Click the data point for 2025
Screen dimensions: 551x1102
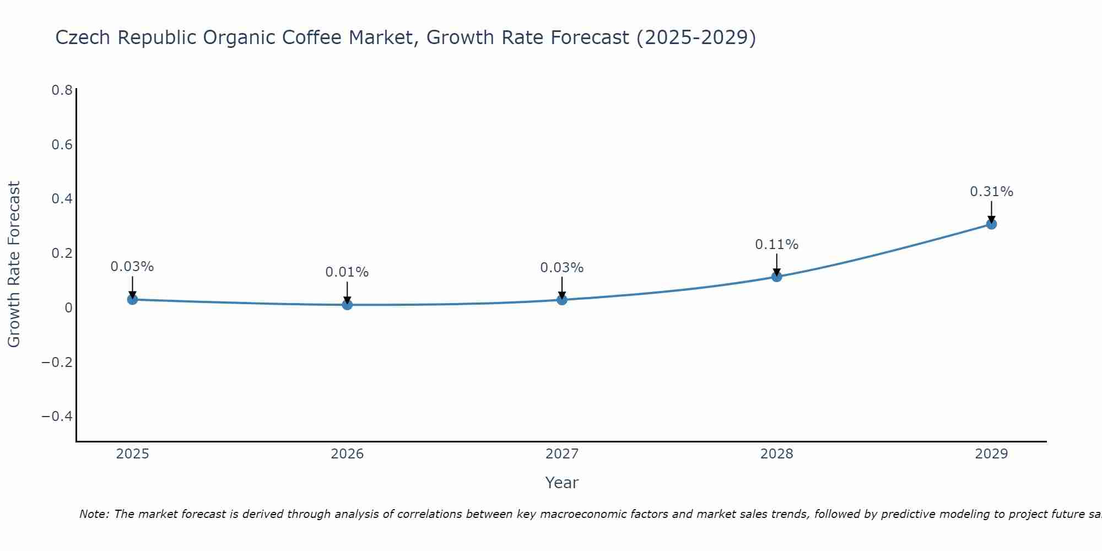[132, 299]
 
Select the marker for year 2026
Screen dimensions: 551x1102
[347, 304]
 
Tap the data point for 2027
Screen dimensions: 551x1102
[562, 299]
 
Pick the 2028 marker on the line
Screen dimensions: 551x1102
[776, 276]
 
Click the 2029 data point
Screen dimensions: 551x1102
[991, 224]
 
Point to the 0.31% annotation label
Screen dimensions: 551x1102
[991, 192]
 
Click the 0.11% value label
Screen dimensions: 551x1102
[776, 245]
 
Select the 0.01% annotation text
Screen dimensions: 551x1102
[347, 272]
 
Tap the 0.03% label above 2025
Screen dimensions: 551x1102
[132, 267]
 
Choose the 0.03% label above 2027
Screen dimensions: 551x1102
[562, 268]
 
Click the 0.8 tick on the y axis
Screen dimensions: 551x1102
[62, 90]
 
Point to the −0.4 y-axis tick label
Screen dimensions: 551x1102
[57, 416]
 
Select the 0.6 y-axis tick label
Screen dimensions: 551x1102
[62, 144]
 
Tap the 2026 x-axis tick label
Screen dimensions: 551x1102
[347, 454]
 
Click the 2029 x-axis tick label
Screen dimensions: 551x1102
[991, 454]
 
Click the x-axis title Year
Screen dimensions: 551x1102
[561, 483]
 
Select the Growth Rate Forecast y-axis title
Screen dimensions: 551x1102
[14, 264]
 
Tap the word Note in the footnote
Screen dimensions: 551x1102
[94, 514]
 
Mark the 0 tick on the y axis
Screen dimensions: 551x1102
[68, 307]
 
